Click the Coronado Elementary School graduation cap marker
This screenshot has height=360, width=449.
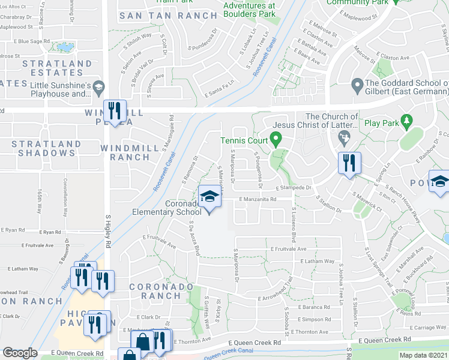pyautogui.click(x=209, y=196)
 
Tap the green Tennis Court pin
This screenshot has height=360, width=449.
pyautogui.click(x=276, y=141)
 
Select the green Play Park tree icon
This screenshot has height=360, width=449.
pyautogui.click(x=406, y=122)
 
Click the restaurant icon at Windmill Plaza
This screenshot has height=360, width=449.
pyautogui.click(x=113, y=111)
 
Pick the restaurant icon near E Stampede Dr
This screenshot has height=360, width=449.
pyautogui.click(x=348, y=162)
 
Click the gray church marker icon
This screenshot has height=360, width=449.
pyautogui.click(x=344, y=140)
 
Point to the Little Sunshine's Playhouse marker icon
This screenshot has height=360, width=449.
pyautogui.click(x=97, y=89)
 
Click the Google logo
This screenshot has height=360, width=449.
pyautogui.click(x=20, y=353)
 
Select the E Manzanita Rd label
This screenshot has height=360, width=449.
pyautogui.click(x=257, y=200)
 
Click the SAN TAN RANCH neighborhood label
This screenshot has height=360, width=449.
pyautogui.click(x=167, y=16)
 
